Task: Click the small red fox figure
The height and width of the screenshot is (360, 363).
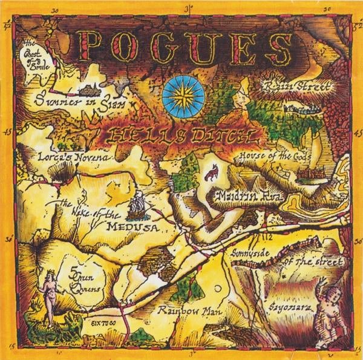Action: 210,175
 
